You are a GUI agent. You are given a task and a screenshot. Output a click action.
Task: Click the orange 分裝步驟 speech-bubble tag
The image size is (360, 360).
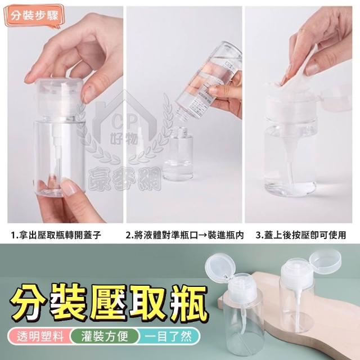tap(34, 16)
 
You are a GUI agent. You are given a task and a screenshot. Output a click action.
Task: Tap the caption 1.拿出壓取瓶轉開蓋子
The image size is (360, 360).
tap(56, 235)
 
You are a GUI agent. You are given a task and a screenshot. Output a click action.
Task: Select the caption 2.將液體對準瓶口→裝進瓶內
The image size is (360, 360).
tap(184, 235)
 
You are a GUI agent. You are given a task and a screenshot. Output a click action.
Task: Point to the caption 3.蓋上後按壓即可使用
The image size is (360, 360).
tap(301, 235)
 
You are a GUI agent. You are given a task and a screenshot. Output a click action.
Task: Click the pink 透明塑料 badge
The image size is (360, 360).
tap(39, 336)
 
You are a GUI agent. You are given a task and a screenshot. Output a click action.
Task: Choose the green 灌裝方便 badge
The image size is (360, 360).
tap(105, 336)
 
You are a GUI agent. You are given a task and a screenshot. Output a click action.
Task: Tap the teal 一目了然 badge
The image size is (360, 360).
tap(169, 336)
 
